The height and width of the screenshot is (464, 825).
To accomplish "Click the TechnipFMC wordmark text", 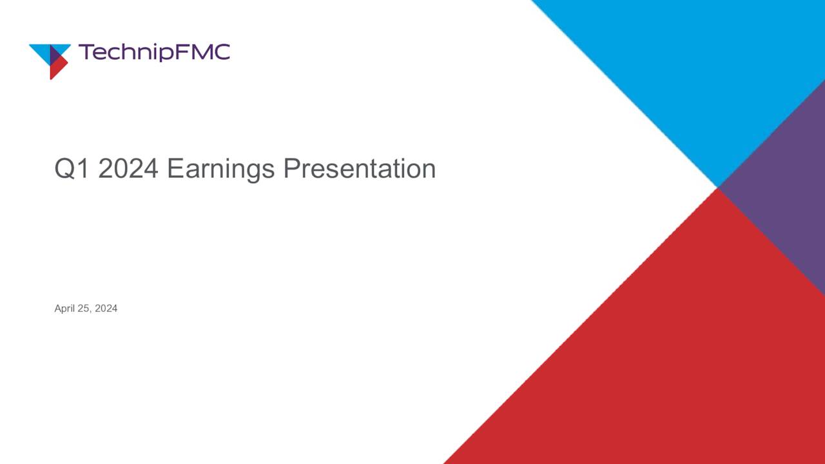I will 153,52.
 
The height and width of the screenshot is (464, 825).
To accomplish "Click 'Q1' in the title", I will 72,169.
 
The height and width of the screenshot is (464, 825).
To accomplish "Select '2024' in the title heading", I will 128,169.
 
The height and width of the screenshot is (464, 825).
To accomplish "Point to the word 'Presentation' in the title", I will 359,169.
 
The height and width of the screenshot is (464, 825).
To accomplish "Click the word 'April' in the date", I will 64,309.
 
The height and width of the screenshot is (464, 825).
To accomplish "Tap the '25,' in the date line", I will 86,309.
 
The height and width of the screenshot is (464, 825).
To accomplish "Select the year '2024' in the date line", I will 106,309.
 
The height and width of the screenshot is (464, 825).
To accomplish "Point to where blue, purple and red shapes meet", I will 717,188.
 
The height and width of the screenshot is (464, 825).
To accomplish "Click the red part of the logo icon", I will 56,68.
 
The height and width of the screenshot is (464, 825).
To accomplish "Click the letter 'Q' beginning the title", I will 64,169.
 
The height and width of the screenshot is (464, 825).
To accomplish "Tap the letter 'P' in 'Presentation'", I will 291,169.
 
